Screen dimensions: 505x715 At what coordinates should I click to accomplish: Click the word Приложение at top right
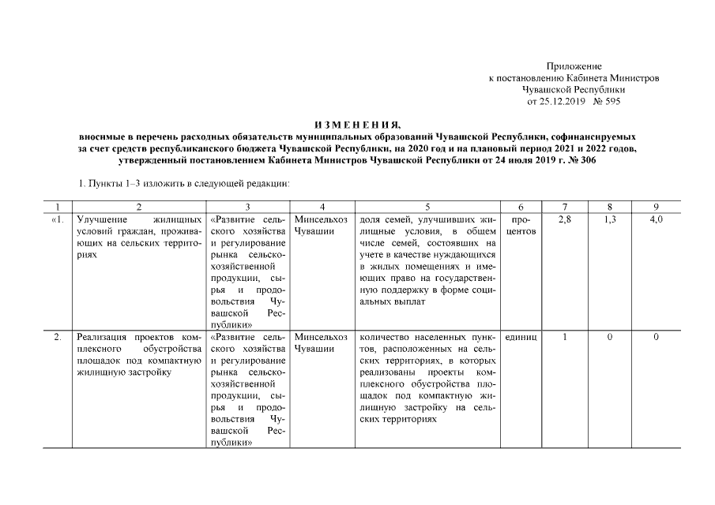point(574,65)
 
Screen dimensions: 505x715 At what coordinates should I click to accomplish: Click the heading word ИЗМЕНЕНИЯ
point(358,125)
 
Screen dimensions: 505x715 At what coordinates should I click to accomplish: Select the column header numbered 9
point(657,206)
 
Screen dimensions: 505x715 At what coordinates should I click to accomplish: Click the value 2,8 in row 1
point(564,219)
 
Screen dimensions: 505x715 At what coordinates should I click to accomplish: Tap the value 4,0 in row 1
point(657,219)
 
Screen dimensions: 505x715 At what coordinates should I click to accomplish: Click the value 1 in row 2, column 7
point(565,337)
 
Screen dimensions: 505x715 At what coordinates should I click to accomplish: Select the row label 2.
point(57,337)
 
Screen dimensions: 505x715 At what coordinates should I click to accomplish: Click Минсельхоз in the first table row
point(320,219)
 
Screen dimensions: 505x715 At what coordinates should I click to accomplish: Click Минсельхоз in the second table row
point(320,337)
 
